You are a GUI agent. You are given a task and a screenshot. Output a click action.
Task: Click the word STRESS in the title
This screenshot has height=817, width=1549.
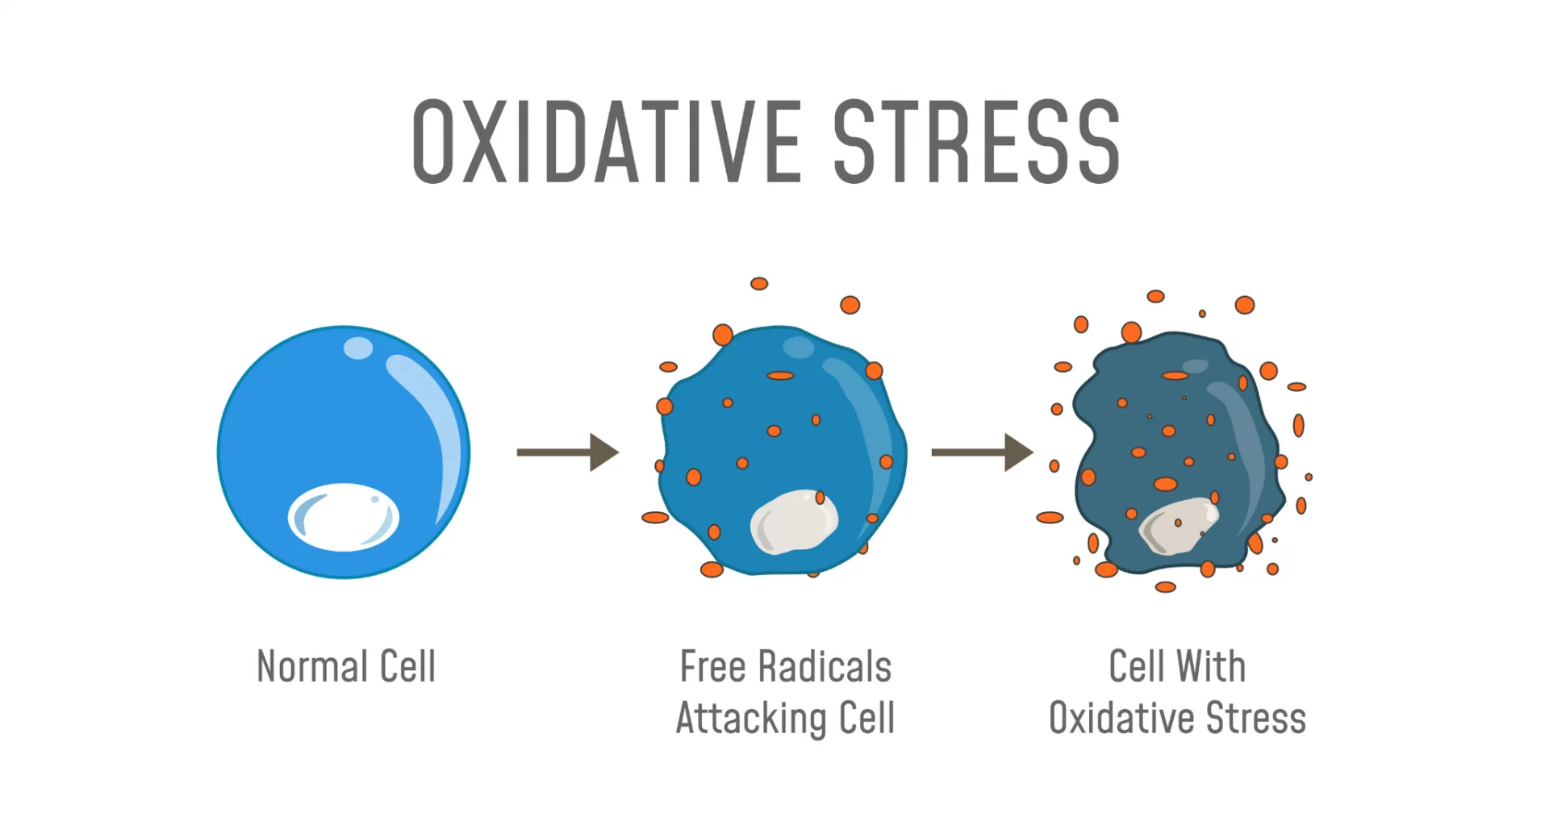click(x=977, y=142)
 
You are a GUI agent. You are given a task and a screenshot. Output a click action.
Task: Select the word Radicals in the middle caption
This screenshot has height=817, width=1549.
click(x=825, y=667)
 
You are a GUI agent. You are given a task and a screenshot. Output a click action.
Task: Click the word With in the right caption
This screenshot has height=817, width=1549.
click(x=1210, y=667)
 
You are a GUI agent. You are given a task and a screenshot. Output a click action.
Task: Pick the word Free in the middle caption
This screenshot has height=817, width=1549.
click(x=712, y=667)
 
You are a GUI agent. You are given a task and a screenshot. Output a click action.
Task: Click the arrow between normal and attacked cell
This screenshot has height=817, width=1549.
click(x=568, y=452)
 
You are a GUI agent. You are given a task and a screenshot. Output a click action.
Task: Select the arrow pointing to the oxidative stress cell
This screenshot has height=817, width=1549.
click(x=983, y=452)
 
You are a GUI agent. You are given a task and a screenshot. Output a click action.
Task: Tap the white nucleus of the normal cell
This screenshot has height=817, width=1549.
click(x=344, y=517)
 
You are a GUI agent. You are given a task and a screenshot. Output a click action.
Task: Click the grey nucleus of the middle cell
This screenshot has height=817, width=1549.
click(x=794, y=521)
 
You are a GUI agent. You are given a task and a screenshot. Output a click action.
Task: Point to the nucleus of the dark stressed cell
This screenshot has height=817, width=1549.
click(x=1178, y=526)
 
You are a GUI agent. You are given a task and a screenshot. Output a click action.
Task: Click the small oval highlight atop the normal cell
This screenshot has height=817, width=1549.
click(x=358, y=348)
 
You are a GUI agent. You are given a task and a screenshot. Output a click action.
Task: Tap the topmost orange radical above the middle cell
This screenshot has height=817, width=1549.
click(x=759, y=284)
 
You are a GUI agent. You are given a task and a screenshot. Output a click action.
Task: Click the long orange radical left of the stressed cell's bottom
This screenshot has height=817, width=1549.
click(x=1050, y=518)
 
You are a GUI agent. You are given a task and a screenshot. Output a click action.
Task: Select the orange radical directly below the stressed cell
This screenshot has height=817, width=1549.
click(x=1166, y=587)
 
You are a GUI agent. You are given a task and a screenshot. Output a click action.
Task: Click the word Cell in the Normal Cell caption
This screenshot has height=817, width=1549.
click(x=407, y=667)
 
